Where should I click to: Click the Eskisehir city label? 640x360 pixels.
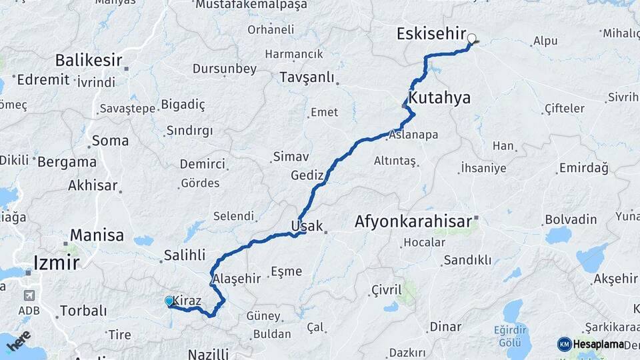click(431, 33)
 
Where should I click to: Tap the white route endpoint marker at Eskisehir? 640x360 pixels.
click(472, 39)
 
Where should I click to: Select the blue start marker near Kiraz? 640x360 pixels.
click(169, 301)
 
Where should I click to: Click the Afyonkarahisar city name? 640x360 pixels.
click(413, 221)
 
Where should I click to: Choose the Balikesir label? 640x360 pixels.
click(89, 61)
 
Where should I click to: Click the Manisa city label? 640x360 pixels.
click(97, 235)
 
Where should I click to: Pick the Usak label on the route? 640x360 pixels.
click(305, 226)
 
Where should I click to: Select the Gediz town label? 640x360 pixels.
click(307, 176)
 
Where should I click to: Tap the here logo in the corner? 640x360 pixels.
click(19, 341)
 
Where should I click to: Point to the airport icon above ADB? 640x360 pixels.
click(29, 295)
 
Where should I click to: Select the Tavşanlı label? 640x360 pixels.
click(307, 78)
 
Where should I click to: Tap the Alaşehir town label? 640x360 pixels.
click(235, 279)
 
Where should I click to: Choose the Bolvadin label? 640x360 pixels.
click(571, 219)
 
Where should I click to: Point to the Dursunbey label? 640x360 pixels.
click(225, 69)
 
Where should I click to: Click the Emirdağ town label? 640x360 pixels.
click(584, 168)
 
